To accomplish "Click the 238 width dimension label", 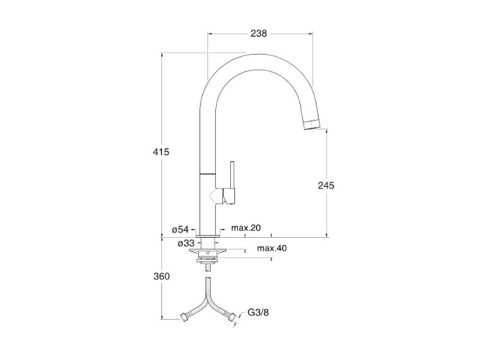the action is coord(258,33).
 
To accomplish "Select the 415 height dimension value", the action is coord(161,152).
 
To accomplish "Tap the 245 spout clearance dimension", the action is coord(326,185).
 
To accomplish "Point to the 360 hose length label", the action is coord(161,276).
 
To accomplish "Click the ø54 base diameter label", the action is coord(181,229).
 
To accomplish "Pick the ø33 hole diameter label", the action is coord(186,243).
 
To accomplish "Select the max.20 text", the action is coord(246,228).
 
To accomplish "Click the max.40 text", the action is coord(272,248).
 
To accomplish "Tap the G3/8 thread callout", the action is coord(258,312).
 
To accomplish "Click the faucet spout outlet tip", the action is coord(312,125).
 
